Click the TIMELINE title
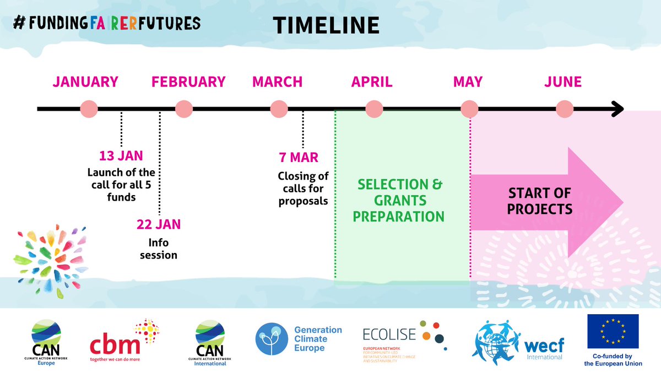click(x=326, y=25)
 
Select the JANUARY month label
click(x=85, y=82)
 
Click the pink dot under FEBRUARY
click(x=184, y=109)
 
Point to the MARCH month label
click(x=278, y=82)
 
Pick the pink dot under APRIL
click(x=374, y=109)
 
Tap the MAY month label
click(x=468, y=82)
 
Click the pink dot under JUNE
click(x=564, y=109)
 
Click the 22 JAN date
click(x=159, y=224)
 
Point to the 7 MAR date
click(x=299, y=158)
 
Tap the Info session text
click(x=159, y=249)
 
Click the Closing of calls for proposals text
click(x=303, y=188)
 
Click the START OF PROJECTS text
click(x=540, y=201)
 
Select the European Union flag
click(x=613, y=332)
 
